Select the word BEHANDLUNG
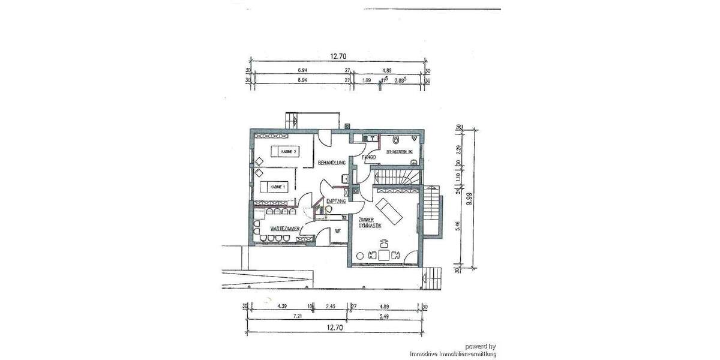332,163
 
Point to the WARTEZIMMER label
284,229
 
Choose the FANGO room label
368,157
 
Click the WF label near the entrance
338,230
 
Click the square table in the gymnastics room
384,255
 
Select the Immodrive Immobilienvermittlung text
453,354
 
